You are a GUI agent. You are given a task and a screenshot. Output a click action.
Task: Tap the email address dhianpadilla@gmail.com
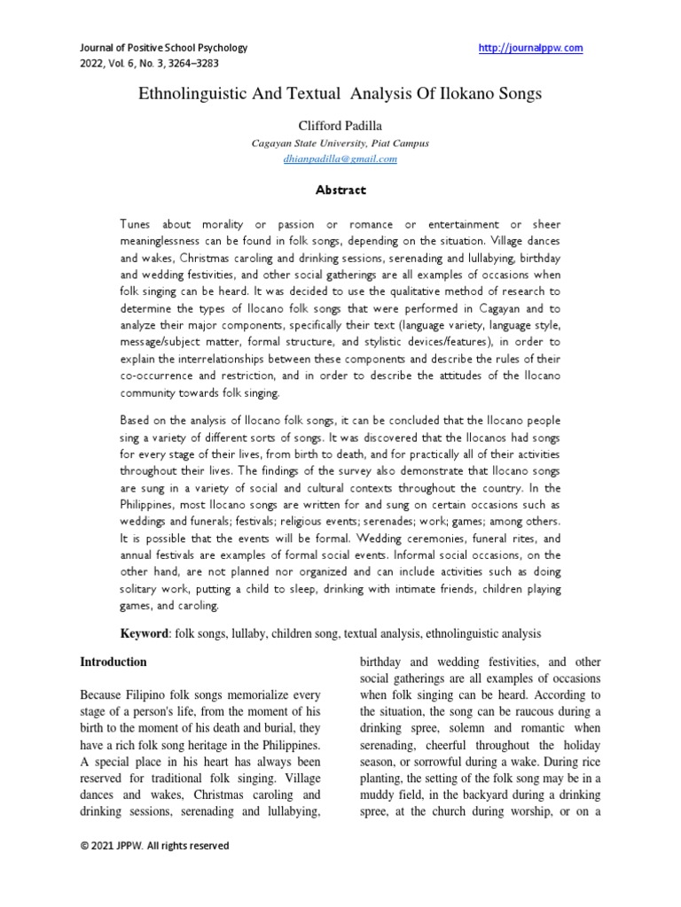[340, 159]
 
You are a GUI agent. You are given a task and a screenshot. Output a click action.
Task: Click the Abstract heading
[340, 190]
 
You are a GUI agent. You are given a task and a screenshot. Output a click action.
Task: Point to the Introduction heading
[113, 662]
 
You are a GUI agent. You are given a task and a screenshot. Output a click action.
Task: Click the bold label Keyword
[145, 634]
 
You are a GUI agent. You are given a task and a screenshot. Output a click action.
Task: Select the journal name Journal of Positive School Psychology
[164, 48]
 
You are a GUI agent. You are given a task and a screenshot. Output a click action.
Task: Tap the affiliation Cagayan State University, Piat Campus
[340, 143]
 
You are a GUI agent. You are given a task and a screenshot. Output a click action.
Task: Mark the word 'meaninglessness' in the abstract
[166, 242]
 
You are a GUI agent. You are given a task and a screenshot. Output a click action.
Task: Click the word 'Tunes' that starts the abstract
[137, 225]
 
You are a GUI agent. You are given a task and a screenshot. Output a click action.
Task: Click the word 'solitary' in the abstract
[141, 589]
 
